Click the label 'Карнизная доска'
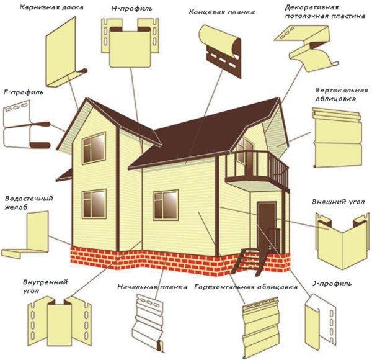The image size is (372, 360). pos(51,7)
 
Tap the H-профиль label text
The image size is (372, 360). pos(131,9)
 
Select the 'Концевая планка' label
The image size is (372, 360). pos(222,12)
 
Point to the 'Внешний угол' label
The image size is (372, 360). pos(339,202)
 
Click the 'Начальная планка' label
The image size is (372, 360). pos(153,287)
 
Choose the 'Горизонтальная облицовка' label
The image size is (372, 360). pos(246,287)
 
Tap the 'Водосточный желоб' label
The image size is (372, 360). pos(29,202)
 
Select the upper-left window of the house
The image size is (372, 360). pos(94,148)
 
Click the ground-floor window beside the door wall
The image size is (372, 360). pos(166,205)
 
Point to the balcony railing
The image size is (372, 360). pos(257,168)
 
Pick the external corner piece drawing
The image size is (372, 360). pos(342,241)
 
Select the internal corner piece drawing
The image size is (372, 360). pos(60,322)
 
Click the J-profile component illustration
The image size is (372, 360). pos(321,320)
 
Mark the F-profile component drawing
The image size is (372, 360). pos(27,124)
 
